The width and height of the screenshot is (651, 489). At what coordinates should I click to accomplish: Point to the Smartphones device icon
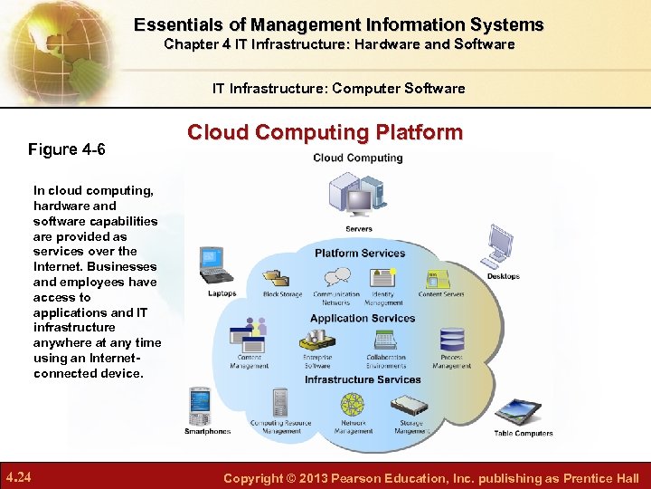[x=200, y=405]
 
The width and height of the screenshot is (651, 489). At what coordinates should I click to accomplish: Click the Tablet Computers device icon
[x=519, y=410]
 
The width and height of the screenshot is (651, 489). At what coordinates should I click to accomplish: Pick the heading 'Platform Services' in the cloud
[x=360, y=254]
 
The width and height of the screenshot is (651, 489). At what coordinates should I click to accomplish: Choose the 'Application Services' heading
[x=363, y=319]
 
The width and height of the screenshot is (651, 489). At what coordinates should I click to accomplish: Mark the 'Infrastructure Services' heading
[x=363, y=379]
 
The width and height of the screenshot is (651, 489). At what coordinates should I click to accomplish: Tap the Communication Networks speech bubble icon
[x=337, y=276]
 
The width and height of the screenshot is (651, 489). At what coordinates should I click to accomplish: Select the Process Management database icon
[x=451, y=340]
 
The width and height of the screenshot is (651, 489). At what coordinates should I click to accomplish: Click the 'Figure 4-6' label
[x=67, y=149]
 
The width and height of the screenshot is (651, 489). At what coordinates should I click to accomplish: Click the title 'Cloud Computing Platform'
[x=325, y=133]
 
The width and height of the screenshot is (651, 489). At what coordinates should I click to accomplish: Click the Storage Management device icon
[x=410, y=401]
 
